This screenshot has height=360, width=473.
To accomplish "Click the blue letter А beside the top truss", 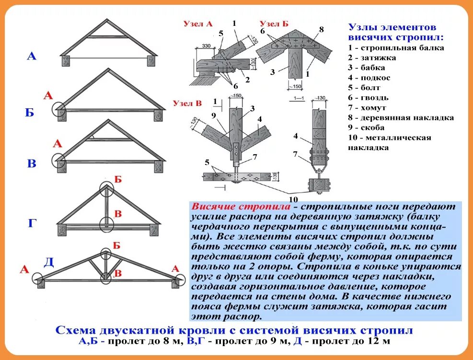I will click(x=32, y=56).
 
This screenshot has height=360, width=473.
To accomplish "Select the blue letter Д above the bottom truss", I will click(x=48, y=262).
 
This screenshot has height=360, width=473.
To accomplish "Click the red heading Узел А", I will click(x=197, y=23).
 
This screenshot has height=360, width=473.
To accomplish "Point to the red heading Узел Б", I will click(x=274, y=23).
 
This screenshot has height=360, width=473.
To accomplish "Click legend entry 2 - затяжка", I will click(x=372, y=58).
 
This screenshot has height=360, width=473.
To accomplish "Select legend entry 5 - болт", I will click(x=365, y=88).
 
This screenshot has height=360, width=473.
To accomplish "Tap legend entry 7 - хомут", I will click(x=368, y=108).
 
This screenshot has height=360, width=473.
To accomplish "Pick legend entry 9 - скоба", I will click(x=367, y=128).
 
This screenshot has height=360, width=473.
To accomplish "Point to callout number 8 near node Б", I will click(x=322, y=29).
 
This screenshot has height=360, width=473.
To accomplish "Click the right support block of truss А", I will click(x=152, y=60).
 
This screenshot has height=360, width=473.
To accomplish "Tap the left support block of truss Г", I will click(x=62, y=229).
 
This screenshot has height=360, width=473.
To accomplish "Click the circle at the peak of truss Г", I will click(x=106, y=188).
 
